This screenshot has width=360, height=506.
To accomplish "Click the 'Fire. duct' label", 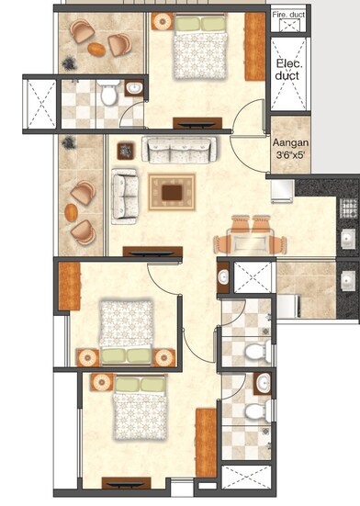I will (x=291, y=17).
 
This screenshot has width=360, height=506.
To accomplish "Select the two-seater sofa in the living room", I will (x=123, y=196).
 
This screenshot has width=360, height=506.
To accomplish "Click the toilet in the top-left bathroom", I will (x=108, y=94).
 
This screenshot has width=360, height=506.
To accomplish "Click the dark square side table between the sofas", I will (x=125, y=149).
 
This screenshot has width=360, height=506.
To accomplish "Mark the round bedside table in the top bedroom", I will (x=163, y=20).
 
